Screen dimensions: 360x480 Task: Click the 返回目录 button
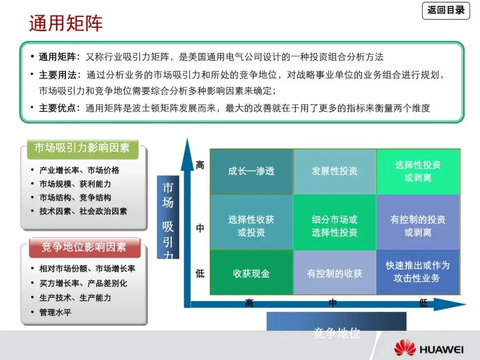[446, 10]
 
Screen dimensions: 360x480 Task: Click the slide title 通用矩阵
[66, 23]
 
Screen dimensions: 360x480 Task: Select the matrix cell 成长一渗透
[251, 171]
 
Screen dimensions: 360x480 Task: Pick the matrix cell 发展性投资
[334, 171]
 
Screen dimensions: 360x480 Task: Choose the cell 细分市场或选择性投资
[334, 226]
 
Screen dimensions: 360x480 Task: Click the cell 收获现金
[251, 273]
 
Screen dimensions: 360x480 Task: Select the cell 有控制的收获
[334, 273]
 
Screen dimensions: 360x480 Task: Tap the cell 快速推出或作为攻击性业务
[418, 272]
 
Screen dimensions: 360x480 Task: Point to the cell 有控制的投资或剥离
[418, 226]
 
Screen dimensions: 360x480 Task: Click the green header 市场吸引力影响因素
[82, 148]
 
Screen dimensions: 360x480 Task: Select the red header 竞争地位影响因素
[84, 247]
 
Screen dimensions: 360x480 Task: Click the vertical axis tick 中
[200, 228]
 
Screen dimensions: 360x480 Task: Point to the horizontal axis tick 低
[423, 304]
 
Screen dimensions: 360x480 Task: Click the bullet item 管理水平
[55, 312]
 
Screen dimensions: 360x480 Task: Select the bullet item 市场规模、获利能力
[75, 184]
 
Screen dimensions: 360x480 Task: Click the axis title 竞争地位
[336, 333]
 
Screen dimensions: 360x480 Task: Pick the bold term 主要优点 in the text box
[58, 108]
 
